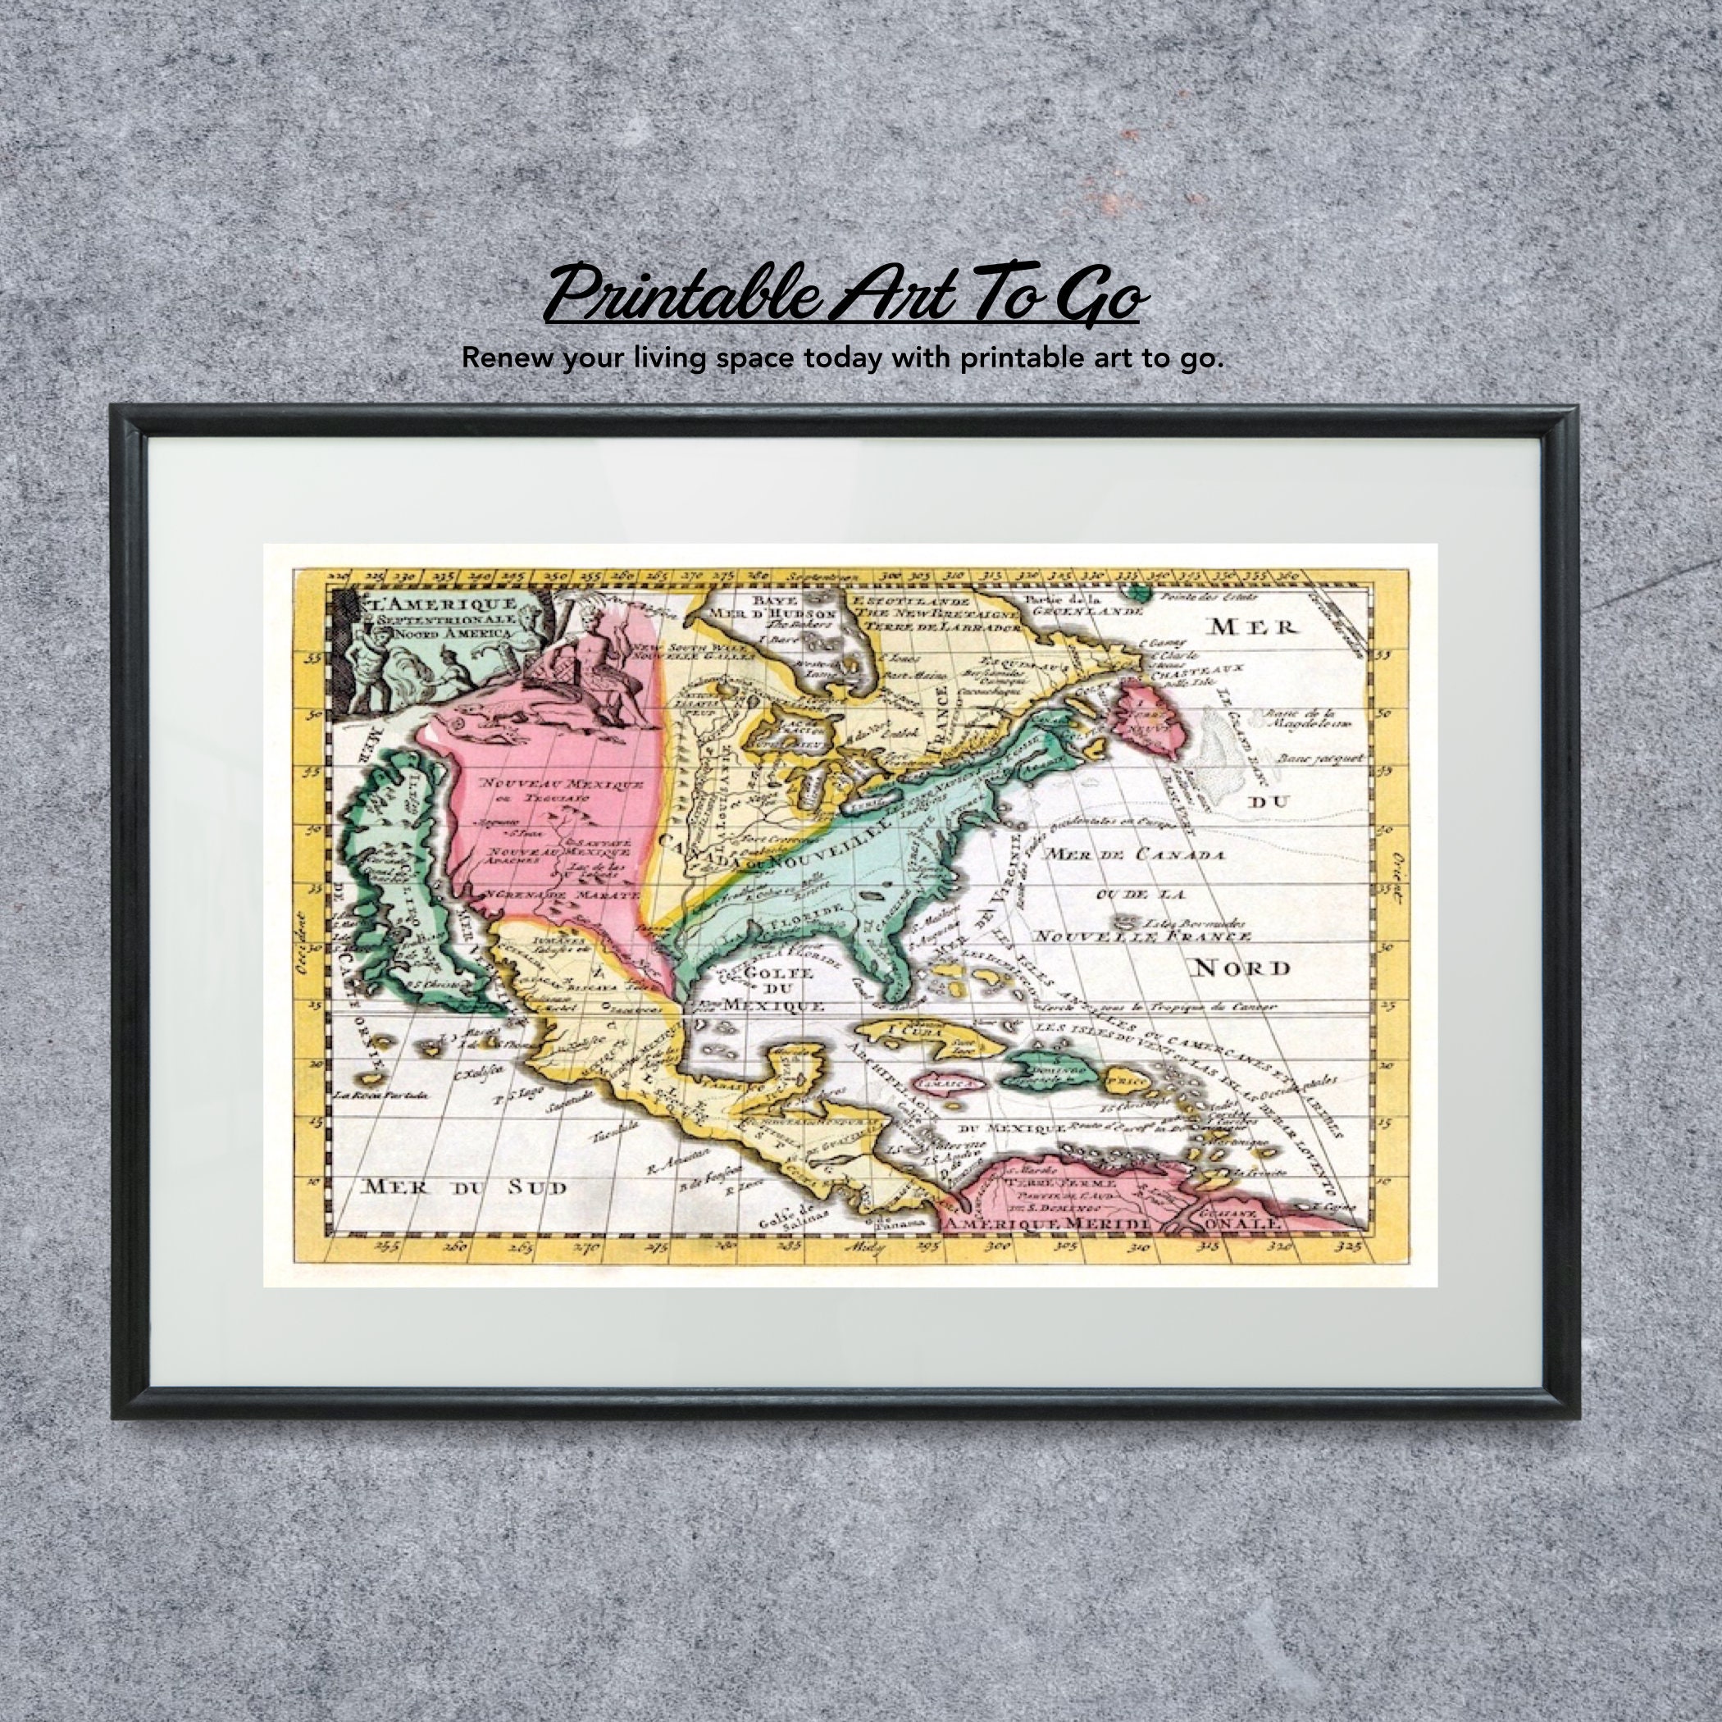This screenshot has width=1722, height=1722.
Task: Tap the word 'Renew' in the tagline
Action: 501,358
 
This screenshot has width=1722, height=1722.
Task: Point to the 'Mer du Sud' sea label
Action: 463,1187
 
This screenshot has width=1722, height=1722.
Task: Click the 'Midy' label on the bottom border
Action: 865,1249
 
